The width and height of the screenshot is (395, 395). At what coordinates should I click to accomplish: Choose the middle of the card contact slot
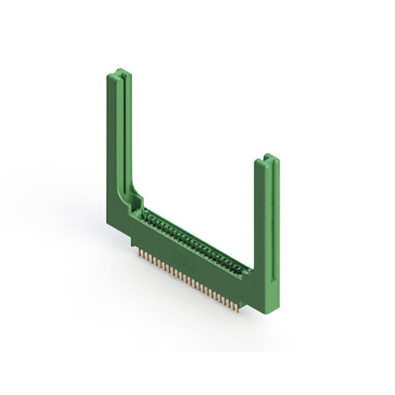pos(196,242)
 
